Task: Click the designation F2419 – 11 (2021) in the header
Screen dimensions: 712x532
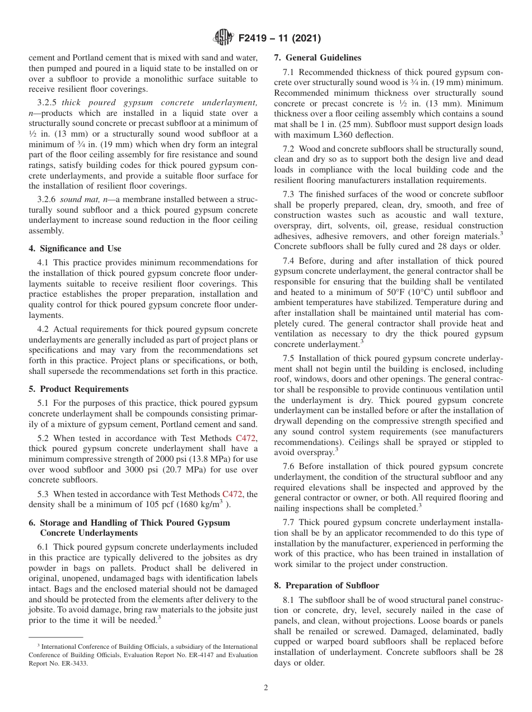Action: [x=279, y=39]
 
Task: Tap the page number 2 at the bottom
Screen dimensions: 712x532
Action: [x=266, y=688]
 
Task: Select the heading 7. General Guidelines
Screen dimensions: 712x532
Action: [x=318, y=58]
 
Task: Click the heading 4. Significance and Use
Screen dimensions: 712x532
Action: [x=75, y=249]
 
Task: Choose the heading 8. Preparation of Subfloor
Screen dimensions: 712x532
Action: [x=326, y=585]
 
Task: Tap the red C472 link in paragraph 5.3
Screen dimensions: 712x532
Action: [x=232, y=494]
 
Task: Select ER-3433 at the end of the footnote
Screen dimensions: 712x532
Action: [x=74, y=664]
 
